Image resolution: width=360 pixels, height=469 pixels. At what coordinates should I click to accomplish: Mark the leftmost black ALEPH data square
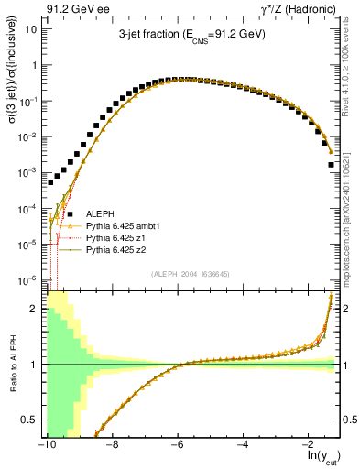[x=51, y=182]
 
